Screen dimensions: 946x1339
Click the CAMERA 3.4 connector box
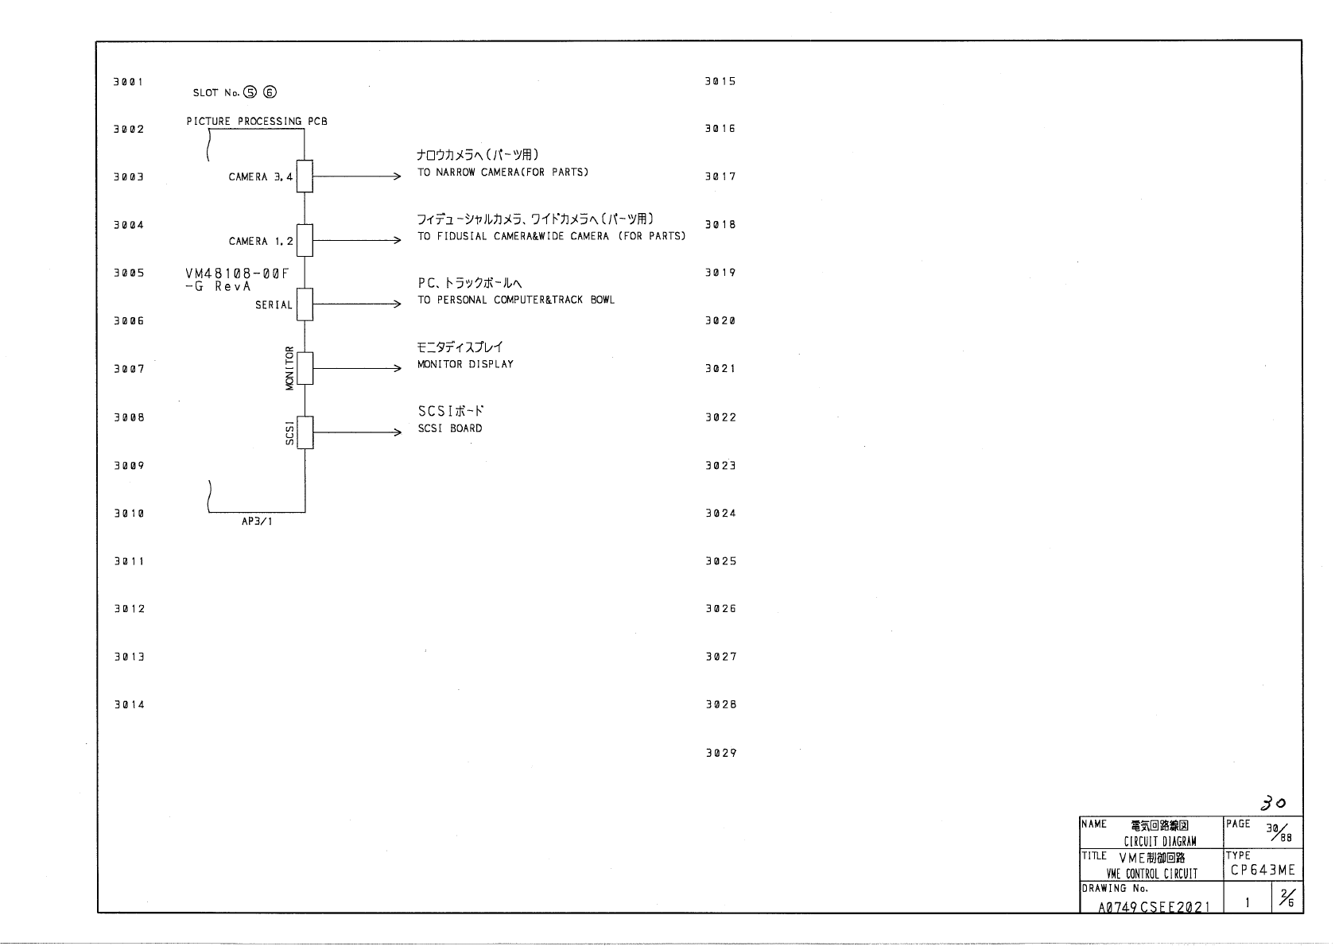305,176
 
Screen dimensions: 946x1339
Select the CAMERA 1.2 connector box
305,240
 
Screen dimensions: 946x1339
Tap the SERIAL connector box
305,304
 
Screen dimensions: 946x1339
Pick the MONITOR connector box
305,368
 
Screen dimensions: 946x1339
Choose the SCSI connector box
305,432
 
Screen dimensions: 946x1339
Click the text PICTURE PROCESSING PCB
257,122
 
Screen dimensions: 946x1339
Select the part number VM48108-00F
231,273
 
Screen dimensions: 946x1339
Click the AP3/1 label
257,521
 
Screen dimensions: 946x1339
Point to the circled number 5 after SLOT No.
250,92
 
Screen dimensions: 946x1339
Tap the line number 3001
128,82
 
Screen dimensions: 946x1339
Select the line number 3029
720,753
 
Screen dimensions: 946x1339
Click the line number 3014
128,704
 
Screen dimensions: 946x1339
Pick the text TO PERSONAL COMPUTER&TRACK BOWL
516,300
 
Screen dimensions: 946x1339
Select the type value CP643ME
1263,870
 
